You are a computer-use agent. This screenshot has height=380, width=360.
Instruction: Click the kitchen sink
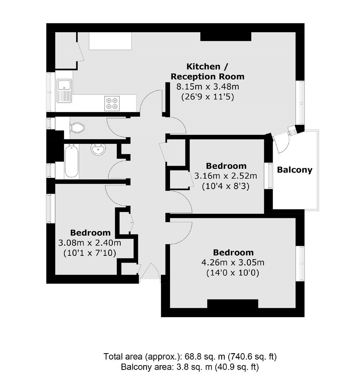point(64,91)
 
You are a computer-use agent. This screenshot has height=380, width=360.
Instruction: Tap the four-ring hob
point(112,104)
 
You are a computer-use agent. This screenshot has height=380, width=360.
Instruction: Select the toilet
point(77,127)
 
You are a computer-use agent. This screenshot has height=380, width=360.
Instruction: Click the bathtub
point(71,161)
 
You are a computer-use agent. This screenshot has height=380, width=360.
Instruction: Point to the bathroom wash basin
point(98,149)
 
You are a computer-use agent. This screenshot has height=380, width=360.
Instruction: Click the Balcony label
point(295,170)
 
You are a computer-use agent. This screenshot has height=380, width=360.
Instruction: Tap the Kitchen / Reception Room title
point(208,71)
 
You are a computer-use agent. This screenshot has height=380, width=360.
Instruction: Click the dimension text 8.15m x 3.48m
point(208,87)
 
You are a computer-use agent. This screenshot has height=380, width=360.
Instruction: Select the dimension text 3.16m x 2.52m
point(226,176)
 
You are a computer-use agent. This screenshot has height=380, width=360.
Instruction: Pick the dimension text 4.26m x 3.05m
point(233,262)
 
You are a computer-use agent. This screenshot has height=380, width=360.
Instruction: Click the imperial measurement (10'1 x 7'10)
point(90,253)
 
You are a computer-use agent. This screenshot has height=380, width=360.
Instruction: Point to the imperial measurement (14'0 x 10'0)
point(233,273)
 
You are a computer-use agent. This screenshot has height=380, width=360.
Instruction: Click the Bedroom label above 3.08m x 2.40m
point(90,233)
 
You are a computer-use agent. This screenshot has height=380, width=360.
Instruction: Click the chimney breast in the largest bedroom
point(232,304)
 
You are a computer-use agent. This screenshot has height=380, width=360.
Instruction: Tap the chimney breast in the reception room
point(226,36)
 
